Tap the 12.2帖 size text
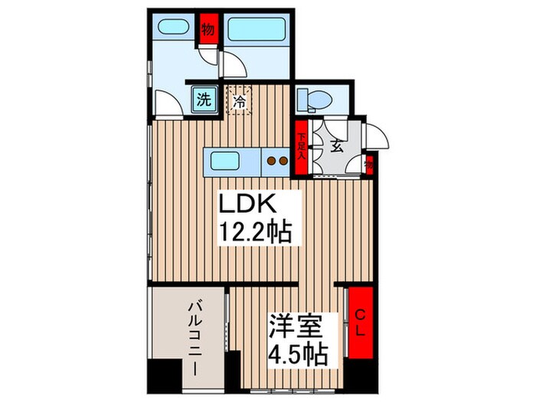coord(257,232)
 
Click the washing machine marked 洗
coord(204,100)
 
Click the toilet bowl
coord(313,99)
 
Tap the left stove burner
coord(271,162)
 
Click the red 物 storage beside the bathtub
coord(208,31)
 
